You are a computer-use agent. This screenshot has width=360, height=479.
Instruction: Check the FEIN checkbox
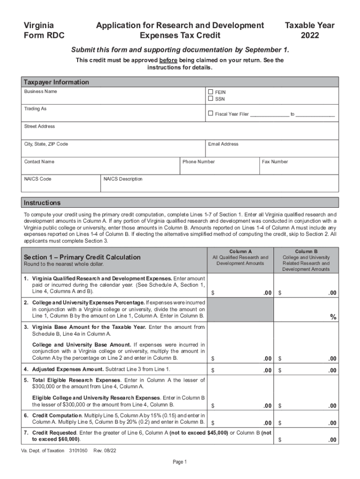[210, 92]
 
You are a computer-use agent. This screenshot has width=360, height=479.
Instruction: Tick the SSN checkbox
[210, 99]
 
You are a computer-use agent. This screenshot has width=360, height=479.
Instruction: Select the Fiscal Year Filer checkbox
[210, 113]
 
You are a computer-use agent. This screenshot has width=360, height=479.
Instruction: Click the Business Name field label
[41, 92]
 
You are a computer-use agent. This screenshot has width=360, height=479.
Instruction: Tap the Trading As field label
[36, 109]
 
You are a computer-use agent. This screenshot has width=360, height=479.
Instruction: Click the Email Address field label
[223, 144]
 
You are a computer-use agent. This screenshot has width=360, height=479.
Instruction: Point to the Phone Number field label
[199, 162]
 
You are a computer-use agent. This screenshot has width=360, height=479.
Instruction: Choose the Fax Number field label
[275, 162]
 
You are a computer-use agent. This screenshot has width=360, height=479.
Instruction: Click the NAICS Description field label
[123, 179]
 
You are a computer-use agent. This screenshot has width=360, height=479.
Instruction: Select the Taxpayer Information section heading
[57, 82]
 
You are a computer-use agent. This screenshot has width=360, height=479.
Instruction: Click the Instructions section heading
[42, 203]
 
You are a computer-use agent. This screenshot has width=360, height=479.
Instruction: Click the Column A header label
[240, 252]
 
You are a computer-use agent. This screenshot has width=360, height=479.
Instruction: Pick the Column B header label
[306, 252]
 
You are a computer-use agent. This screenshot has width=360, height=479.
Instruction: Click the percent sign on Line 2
[333, 317]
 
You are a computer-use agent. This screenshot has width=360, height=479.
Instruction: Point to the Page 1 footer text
[180, 462]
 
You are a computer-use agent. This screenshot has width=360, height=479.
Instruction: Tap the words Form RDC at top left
[44, 35]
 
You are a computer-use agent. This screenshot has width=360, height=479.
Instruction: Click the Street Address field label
[40, 127]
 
